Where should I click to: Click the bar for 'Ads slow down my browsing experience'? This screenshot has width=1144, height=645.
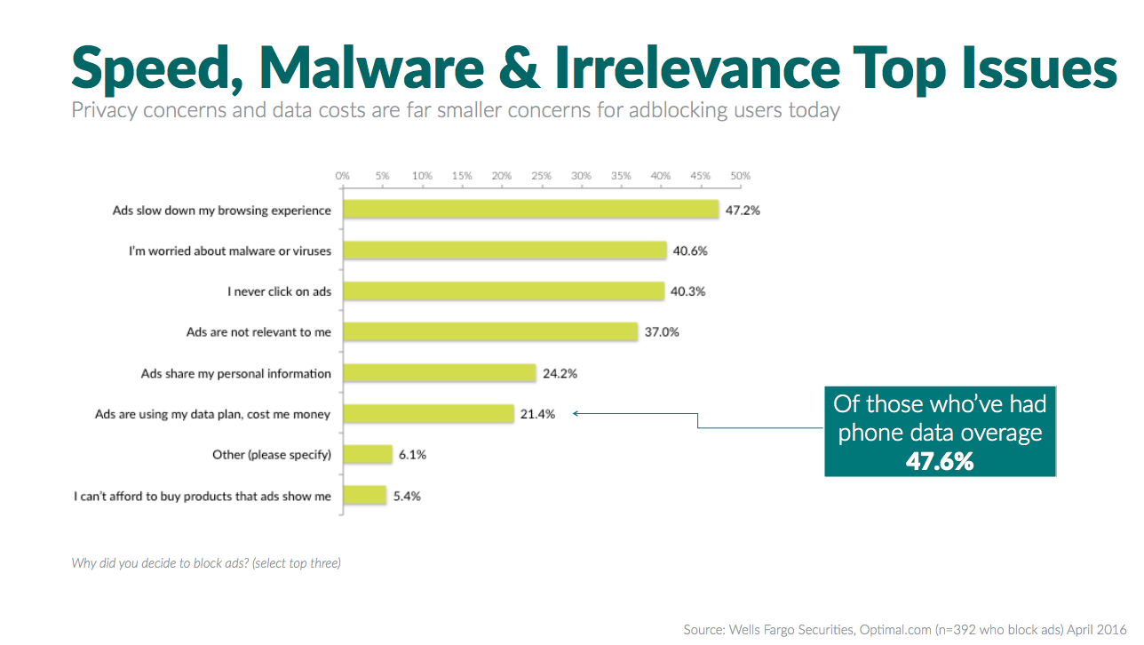pos(530,210)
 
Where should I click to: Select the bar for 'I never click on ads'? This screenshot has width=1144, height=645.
pos(504,291)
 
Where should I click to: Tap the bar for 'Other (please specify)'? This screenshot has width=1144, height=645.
pos(368,454)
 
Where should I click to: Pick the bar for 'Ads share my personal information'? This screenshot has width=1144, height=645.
pos(440,373)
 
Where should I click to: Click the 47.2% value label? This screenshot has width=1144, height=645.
pos(743,211)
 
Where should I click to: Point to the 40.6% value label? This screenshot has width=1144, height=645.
pos(690,251)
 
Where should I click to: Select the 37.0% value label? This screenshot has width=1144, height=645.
pos(662,332)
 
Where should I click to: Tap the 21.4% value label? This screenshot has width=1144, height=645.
pos(538,414)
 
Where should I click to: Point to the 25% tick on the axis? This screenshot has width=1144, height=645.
pos(541,176)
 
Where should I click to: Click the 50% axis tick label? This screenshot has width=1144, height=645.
pos(740,176)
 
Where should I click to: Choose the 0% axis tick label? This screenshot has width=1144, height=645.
pos(343,176)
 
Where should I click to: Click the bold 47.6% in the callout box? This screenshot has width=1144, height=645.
pos(940,461)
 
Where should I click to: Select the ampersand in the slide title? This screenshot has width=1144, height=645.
pos(521,68)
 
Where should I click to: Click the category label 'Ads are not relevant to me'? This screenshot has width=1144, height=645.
pos(258,332)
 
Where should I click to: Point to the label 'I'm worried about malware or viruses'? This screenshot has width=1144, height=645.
pos(230,251)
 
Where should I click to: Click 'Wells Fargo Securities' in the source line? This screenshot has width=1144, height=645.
pos(787,629)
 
